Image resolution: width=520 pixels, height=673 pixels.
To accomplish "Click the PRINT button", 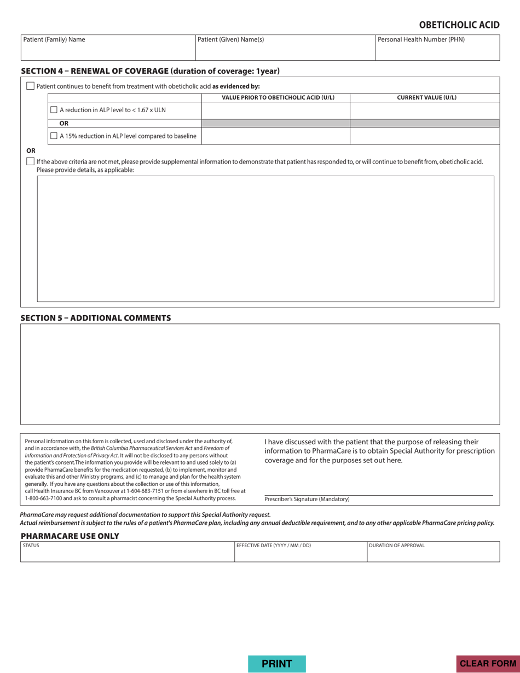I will point(277,664).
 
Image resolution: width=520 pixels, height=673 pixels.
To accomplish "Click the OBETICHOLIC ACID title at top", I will point(459,25).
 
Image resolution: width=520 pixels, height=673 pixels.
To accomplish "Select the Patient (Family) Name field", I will point(108,48).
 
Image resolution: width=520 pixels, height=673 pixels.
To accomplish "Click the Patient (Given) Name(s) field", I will point(285,48).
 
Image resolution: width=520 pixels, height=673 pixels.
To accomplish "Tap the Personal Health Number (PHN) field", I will point(437,48).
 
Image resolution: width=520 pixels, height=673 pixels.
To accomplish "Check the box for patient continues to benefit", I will point(31,86).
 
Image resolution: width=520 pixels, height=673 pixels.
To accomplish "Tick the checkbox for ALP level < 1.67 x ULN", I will point(54,110).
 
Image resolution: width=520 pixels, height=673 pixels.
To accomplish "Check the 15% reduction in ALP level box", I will point(54,136).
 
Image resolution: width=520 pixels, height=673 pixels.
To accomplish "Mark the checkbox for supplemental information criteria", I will point(31,161).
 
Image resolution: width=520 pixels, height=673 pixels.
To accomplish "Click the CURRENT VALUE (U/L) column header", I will point(426,98).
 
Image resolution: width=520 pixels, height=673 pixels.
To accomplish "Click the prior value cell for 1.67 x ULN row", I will point(275,110).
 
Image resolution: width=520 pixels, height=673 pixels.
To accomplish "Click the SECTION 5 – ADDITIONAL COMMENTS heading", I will point(96,318).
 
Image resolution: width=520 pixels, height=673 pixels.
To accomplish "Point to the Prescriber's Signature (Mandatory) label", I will point(307,500).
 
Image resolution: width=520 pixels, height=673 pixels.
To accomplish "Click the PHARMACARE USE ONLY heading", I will point(70,536).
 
